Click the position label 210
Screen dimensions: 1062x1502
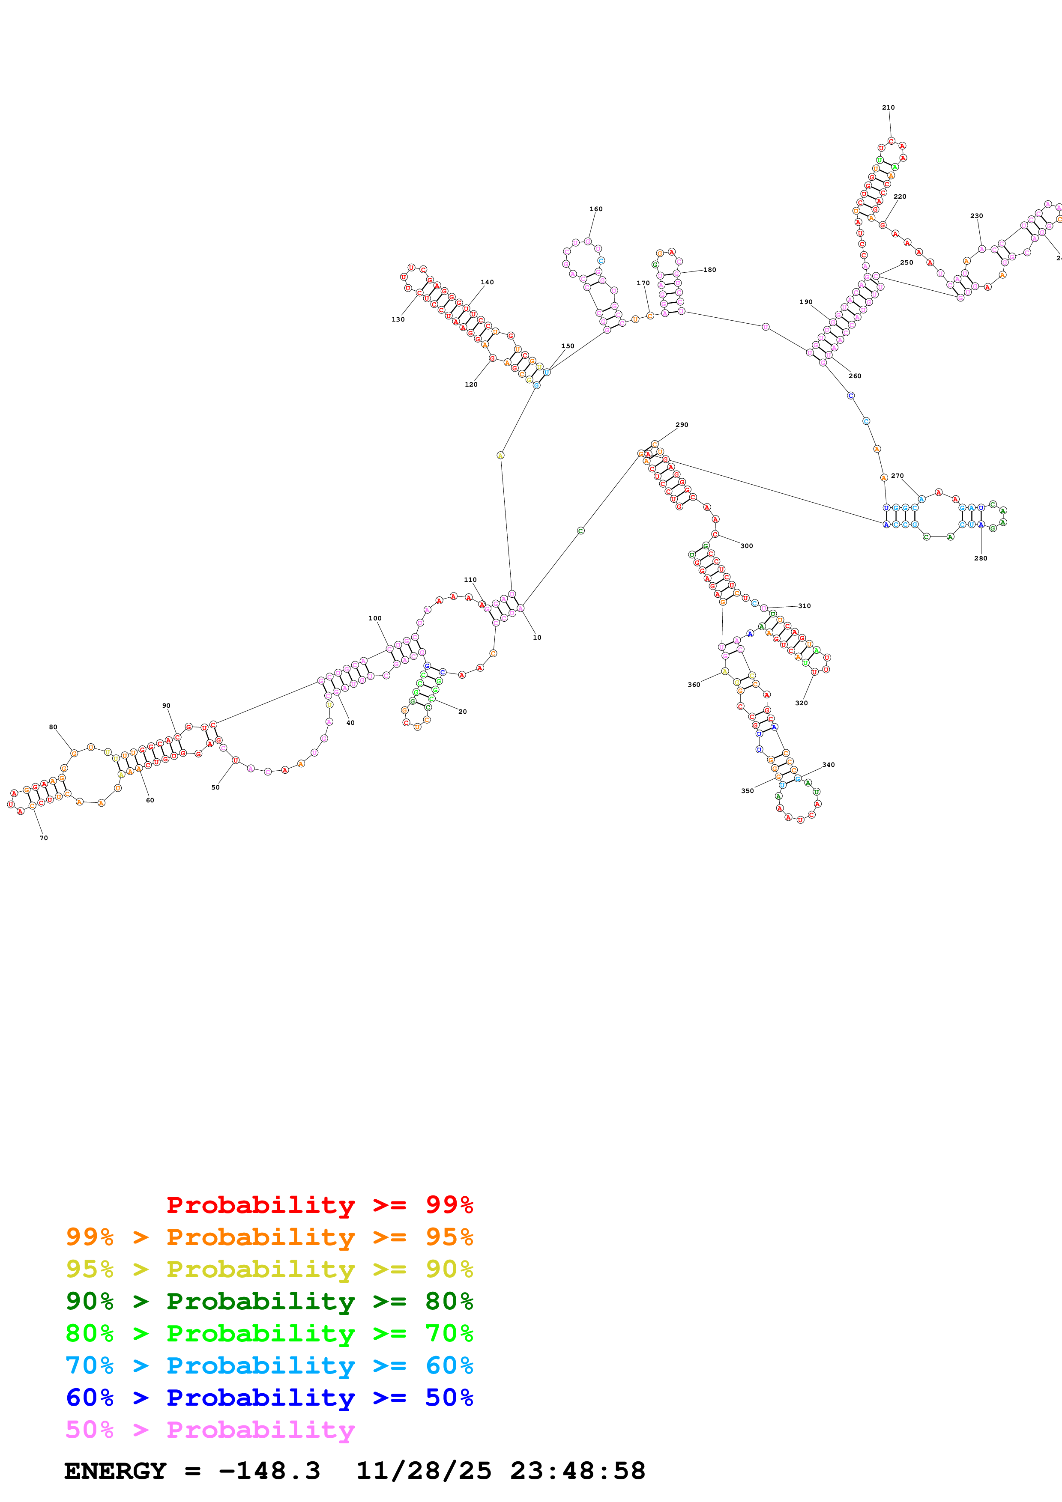click(x=888, y=107)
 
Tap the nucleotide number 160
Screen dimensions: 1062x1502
click(x=595, y=209)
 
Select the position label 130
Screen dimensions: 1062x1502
click(x=398, y=319)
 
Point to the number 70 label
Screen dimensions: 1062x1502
click(x=43, y=838)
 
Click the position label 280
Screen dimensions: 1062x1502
click(x=980, y=558)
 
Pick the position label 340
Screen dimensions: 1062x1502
click(x=829, y=765)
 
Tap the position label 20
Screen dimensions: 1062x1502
click(x=463, y=712)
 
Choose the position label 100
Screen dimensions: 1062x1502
click(x=375, y=618)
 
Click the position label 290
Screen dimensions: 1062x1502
click(x=682, y=425)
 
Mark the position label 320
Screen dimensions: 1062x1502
click(x=802, y=703)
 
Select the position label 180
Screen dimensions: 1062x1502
click(x=709, y=269)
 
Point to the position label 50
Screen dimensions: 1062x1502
click(x=215, y=788)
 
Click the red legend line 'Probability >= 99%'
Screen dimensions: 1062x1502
click(x=319, y=1204)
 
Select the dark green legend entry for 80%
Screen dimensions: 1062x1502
click(x=269, y=1301)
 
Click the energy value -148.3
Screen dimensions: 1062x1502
click(x=269, y=1471)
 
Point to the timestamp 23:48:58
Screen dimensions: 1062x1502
click(x=578, y=1471)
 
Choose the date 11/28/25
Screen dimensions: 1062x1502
click(x=423, y=1471)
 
